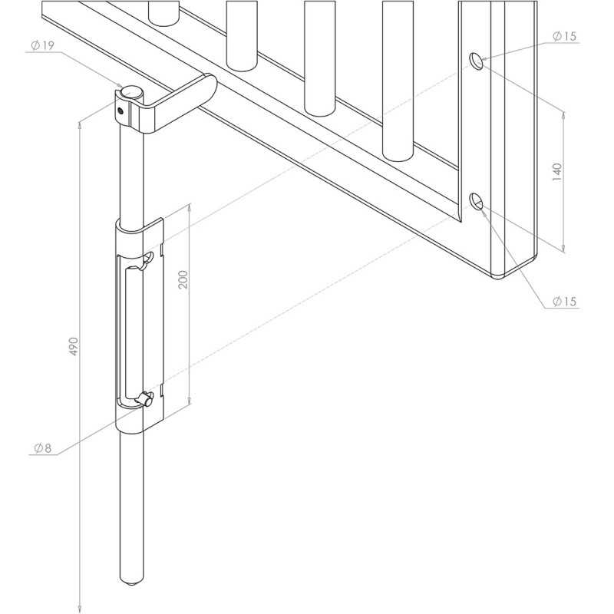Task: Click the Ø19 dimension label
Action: point(41,46)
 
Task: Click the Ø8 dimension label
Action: point(42,448)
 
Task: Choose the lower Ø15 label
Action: point(564,302)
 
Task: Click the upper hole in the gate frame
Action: point(477,61)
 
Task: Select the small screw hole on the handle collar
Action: point(120,110)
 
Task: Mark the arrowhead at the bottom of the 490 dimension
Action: point(80,607)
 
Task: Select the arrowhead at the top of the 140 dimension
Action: point(565,112)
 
